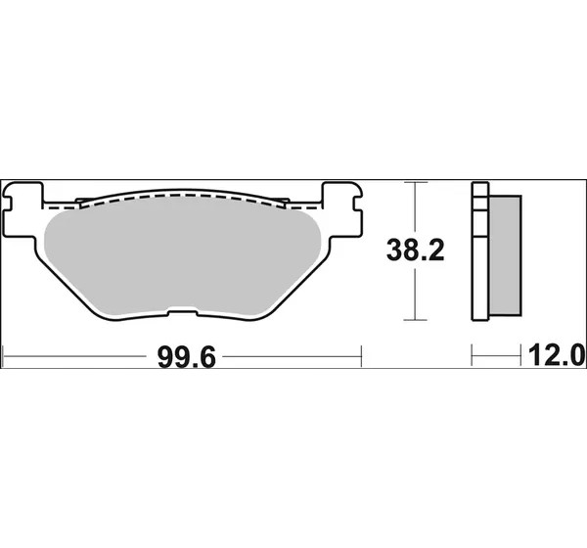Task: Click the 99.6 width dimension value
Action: click(x=187, y=358)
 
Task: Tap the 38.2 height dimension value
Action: click(x=415, y=251)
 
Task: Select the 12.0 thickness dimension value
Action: click(x=556, y=356)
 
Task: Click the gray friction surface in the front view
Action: click(x=182, y=257)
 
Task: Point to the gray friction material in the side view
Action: click(x=505, y=255)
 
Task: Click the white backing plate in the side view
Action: click(x=480, y=251)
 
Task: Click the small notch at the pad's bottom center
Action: click(x=182, y=312)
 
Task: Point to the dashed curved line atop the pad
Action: click(x=182, y=196)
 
